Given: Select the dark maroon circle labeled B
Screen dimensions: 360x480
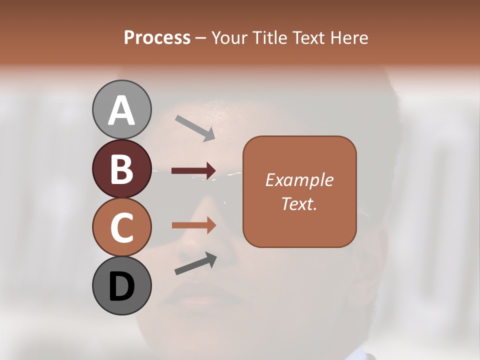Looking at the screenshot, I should pyautogui.click(x=122, y=168).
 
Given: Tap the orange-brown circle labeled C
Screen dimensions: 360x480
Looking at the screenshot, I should pyautogui.click(x=122, y=227).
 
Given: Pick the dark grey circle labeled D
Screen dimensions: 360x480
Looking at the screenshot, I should pyautogui.click(x=122, y=286).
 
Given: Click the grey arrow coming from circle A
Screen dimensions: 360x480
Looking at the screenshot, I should pyautogui.click(x=195, y=128).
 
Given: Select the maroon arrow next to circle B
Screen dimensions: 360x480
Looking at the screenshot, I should pyautogui.click(x=194, y=171).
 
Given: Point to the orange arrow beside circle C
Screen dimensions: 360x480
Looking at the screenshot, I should pyautogui.click(x=194, y=225).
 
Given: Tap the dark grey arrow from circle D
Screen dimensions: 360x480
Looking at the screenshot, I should pyautogui.click(x=195, y=264).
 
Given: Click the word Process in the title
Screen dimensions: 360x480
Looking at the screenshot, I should pyautogui.click(x=157, y=38).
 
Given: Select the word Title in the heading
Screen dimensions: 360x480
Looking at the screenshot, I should pyautogui.click(x=271, y=38).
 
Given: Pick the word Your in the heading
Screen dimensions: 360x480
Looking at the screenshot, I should pyautogui.click(x=230, y=38).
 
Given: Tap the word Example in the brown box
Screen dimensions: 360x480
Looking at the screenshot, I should pyautogui.click(x=299, y=180).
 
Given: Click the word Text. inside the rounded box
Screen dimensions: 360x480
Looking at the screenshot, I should pyautogui.click(x=299, y=203).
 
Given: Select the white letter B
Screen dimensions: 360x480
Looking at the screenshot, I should pyautogui.click(x=122, y=169).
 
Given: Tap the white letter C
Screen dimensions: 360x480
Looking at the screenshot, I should pyautogui.click(x=122, y=227).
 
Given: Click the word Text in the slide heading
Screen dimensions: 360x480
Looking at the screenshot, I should pyautogui.click(x=309, y=38).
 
